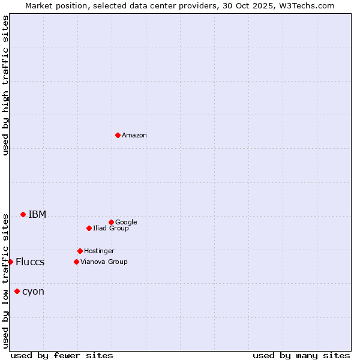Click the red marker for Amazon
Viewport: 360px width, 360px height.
click(x=118, y=135)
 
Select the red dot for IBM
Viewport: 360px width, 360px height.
click(x=23, y=214)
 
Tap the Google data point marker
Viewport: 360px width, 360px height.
click(x=111, y=222)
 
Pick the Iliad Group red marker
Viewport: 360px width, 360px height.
click(x=89, y=228)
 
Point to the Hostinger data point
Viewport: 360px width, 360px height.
click(x=80, y=251)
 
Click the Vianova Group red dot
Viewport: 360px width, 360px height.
click(x=76, y=262)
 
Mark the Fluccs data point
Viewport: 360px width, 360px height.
click(x=10, y=262)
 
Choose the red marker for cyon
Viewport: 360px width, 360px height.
click(x=17, y=291)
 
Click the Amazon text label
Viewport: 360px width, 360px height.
click(x=134, y=136)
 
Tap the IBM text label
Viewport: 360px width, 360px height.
click(x=37, y=214)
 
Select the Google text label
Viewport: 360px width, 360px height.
click(x=126, y=222)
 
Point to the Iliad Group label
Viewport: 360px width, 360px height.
click(x=111, y=228)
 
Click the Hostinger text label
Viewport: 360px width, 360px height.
click(x=99, y=251)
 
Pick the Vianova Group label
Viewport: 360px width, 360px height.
click(x=104, y=262)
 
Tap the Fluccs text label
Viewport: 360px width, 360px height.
click(x=30, y=262)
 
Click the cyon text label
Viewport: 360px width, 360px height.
click(x=33, y=292)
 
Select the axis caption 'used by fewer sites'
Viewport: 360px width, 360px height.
click(x=62, y=355)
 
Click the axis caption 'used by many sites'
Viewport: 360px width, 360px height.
click(x=301, y=355)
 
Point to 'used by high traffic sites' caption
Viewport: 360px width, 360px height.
click(x=5, y=85)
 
